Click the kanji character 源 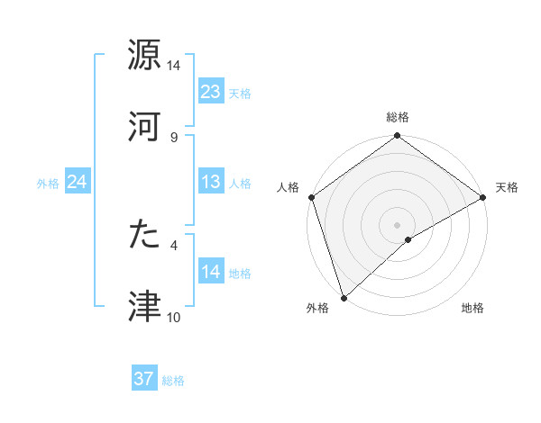point(144,55)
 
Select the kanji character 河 point(144,125)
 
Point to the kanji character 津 point(144,305)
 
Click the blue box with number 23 point(211,92)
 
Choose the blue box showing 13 point(211,182)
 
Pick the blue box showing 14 point(211,272)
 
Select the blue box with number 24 point(78,182)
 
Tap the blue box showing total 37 point(144,379)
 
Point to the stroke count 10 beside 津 point(173,318)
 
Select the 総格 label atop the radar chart point(398,117)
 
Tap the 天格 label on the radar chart point(507,187)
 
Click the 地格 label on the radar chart point(472,309)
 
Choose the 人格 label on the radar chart point(289,187)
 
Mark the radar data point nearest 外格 point(344,297)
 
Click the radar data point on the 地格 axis point(408,239)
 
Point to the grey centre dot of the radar point(398,224)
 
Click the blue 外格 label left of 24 point(47,183)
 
